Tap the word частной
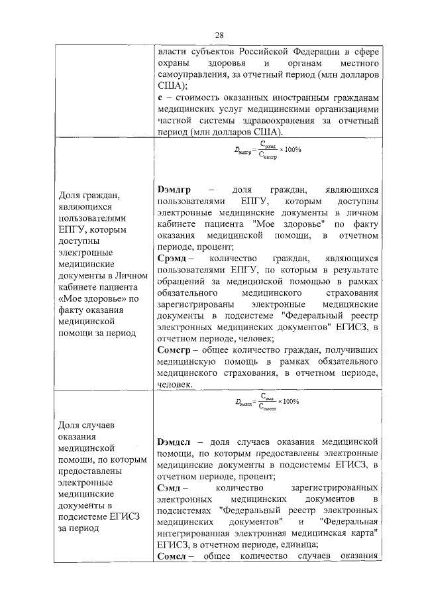(175, 121)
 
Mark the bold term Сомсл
(174, 556)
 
